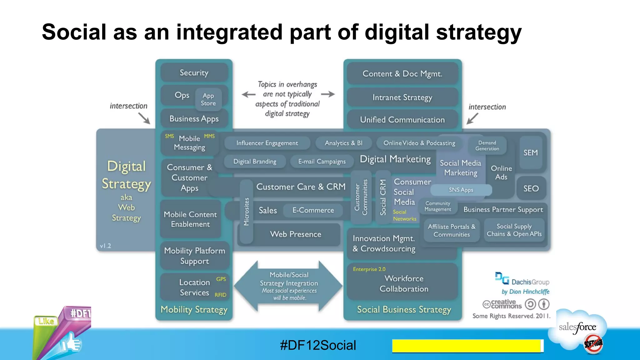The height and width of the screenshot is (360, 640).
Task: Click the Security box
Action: click(194, 73)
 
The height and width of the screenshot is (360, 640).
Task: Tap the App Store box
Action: click(208, 99)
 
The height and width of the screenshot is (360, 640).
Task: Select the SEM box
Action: click(531, 152)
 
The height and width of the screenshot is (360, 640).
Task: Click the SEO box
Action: click(531, 188)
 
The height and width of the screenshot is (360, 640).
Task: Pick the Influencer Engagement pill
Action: click(267, 143)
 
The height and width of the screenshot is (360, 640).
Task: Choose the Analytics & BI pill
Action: click(343, 143)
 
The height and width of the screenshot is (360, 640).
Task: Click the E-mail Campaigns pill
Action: click(322, 162)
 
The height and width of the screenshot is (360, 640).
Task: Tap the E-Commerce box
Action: click(313, 210)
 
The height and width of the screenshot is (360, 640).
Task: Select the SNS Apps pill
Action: click(461, 190)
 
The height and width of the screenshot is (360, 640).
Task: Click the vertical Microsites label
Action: click(247, 212)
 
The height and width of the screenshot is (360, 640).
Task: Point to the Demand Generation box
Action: click(487, 146)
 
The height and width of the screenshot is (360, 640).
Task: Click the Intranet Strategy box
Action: click(402, 97)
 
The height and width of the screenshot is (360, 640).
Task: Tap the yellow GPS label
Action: click(221, 279)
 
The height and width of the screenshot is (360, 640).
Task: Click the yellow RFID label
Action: click(220, 295)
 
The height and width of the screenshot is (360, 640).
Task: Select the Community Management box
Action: click(437, 206)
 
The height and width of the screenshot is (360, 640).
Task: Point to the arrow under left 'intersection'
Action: click(144, 118)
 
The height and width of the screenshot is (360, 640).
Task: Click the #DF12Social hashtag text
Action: click(318, 345)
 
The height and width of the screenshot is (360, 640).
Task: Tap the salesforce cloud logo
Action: click(577, 328)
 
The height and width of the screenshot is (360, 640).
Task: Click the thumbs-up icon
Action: click(71, 343)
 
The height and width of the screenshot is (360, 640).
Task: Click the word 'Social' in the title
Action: click(74, 32)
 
